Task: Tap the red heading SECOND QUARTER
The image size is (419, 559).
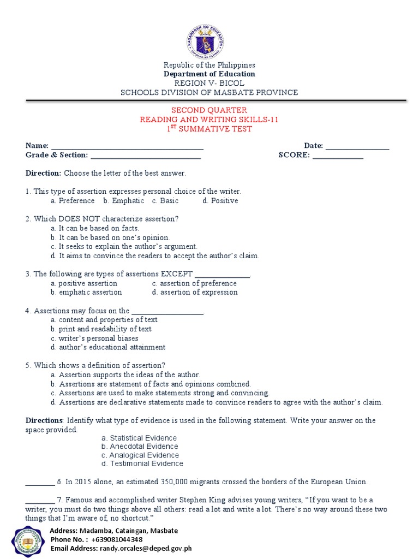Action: (x=209, y=110)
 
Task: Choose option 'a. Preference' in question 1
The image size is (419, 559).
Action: (x=73, y=201)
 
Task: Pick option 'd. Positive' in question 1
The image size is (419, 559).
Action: (x=220, y=201)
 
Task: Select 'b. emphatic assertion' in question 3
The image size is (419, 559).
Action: (x=86, y=293)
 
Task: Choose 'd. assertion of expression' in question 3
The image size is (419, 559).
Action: (x=195, y=293)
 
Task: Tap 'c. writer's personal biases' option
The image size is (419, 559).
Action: (x=94, y=338)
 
